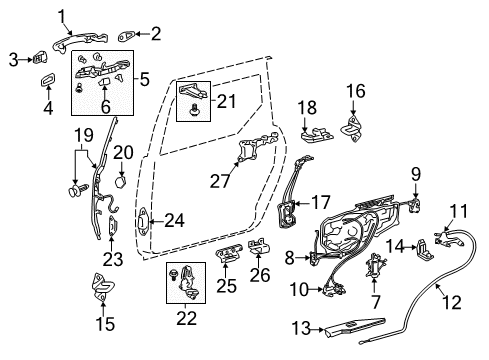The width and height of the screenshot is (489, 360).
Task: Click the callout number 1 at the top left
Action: click(62, 15)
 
